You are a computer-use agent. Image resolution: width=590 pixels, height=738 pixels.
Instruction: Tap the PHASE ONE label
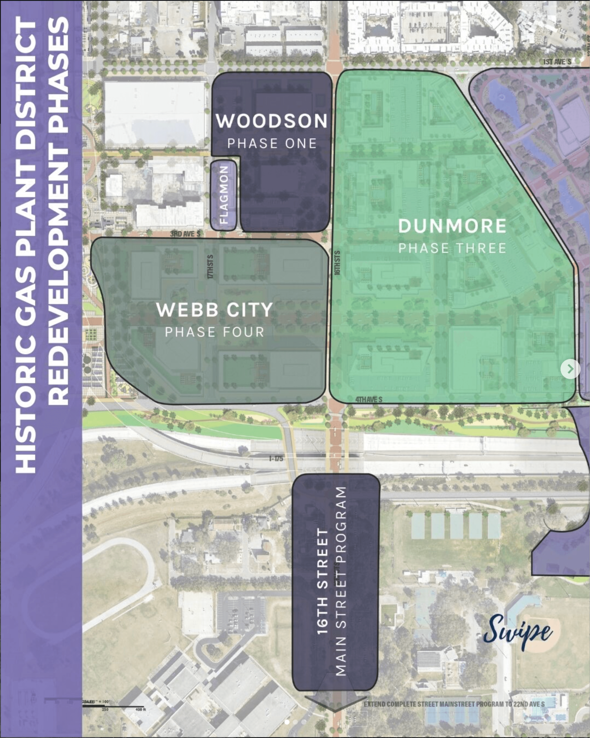click(x=272, y=143)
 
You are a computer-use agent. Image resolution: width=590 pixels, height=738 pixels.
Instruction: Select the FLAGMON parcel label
click(x=224, y=195)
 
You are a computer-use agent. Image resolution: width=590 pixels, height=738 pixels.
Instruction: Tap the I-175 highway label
click(x=276, y=458)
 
